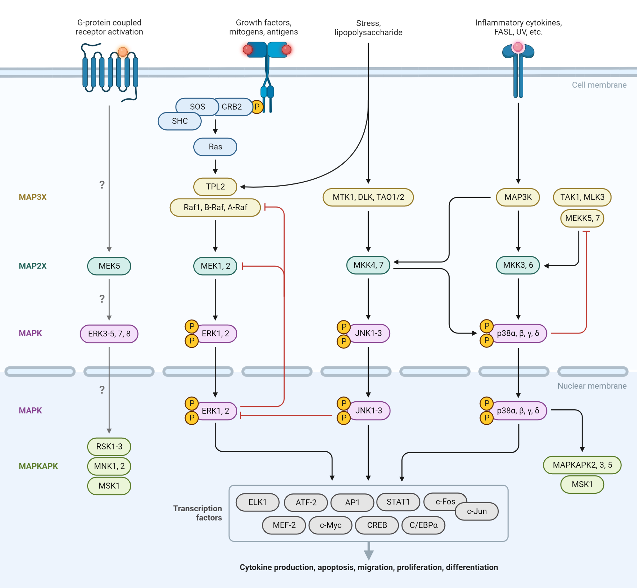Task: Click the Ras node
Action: coord(215,147)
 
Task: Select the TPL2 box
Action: coord(215,187)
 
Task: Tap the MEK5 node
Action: coord(109,266)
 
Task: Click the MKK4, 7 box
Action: coord(368,265)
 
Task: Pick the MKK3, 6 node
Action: coord(518,265)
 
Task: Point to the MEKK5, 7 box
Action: coord(582,218)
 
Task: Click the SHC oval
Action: coord(180,121)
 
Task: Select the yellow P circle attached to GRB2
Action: coord(257,107)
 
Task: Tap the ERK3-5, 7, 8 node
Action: coord(109,333)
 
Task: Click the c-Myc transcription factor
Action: coord(330,525)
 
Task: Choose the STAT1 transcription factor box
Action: coord(398,502)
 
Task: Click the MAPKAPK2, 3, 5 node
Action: coord(582,465)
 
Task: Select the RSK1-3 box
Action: coord(109,447)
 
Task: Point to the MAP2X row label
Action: coord(32,266)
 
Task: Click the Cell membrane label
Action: coord(599,85)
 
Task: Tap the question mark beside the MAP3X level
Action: coord(102,185)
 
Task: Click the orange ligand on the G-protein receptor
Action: coord(123,52)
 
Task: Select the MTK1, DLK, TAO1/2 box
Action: coord(368,197)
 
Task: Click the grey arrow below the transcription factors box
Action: coord(369,550)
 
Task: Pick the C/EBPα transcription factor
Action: coord(423,525)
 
